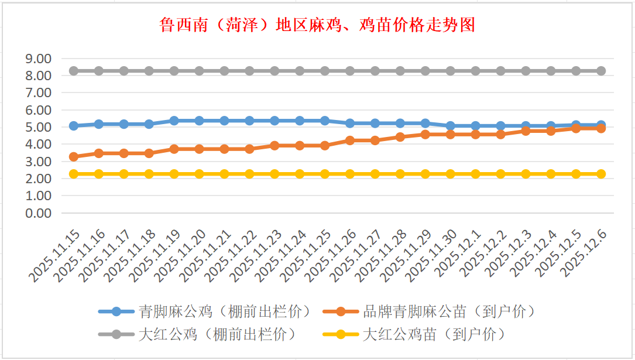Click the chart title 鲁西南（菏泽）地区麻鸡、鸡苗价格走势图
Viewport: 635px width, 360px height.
tap(317, 25)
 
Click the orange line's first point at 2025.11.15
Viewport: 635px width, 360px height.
tap(74, 157)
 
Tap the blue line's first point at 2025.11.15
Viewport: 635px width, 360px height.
tap(74, 126)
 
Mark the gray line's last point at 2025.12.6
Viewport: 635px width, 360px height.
tap(601, 71)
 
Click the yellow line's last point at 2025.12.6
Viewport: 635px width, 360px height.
tap(601, 174)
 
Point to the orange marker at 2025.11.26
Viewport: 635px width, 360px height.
tap(350, 140)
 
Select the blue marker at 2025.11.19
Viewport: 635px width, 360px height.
tap(174, 121)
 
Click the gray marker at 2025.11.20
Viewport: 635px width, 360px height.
tap(200, 71)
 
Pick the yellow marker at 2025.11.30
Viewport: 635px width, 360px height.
tap(451, 174)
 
